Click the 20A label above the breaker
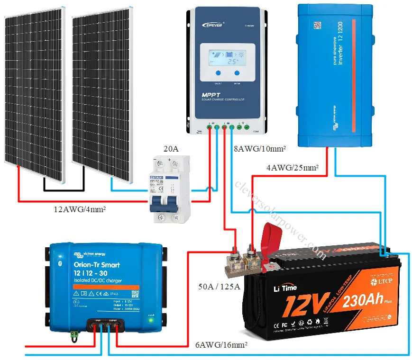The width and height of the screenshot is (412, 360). point(171,149)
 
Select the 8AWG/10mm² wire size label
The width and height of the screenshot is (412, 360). point(260,149)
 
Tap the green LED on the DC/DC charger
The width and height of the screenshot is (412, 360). point(151,320)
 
